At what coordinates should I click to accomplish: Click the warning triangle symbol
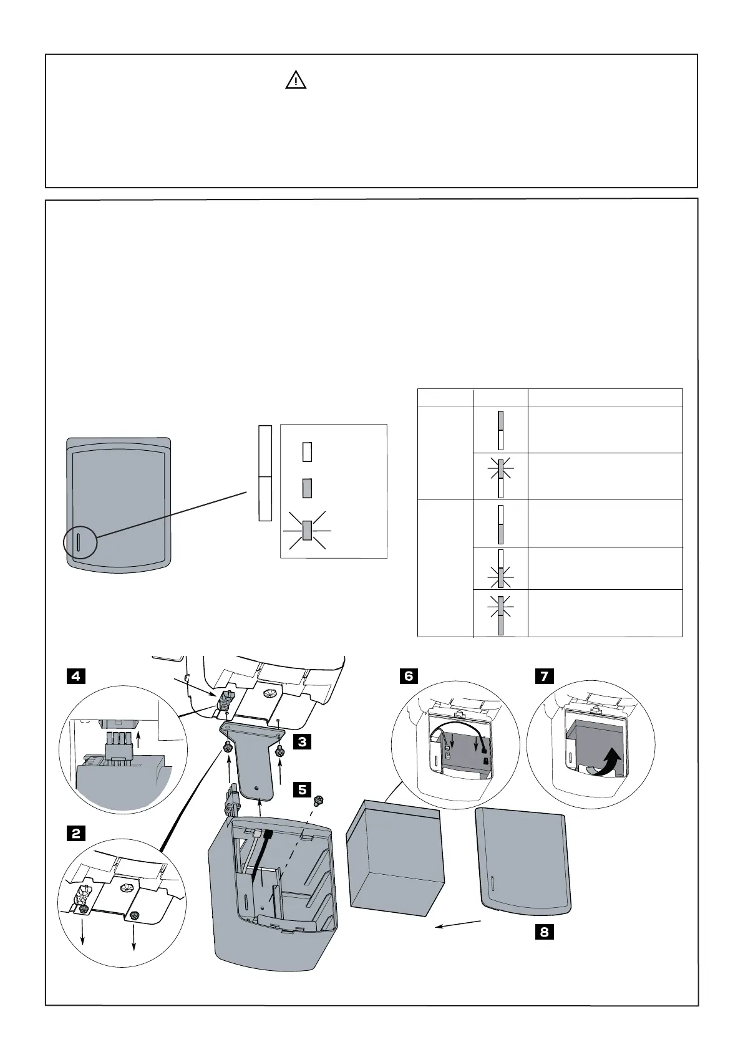[296, 81]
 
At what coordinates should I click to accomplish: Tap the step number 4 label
[75, 676]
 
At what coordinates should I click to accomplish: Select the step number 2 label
[75, 833]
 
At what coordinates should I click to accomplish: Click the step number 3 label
[303, 742]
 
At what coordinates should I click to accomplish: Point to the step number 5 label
[303, 789]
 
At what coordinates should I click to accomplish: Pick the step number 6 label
[409, 676]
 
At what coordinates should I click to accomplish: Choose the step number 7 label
[545, 676]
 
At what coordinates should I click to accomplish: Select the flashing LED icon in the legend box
[307, 530]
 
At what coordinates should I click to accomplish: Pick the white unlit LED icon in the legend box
[307, 451]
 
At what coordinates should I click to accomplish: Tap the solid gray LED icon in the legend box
[307, 488]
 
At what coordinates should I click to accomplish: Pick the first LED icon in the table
[500, 430]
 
